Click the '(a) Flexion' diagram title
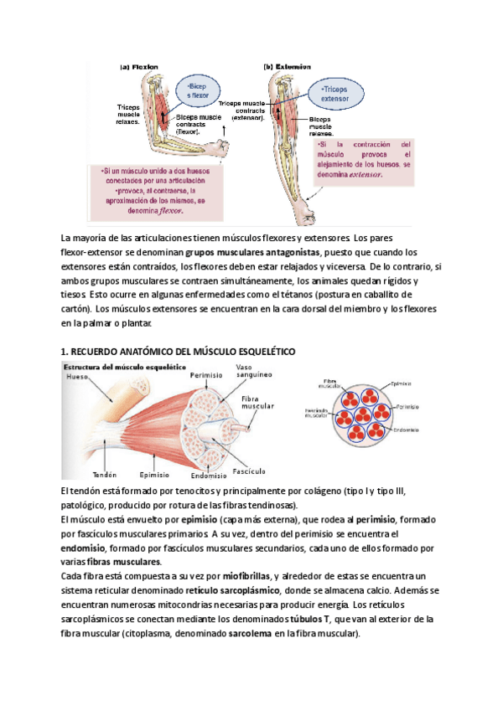point(139,66)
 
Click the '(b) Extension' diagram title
point(288,66)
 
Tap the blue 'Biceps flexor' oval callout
point(203,91)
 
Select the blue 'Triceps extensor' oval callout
point(341,93)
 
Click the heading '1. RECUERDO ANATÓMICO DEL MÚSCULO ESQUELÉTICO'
point(177,352)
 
